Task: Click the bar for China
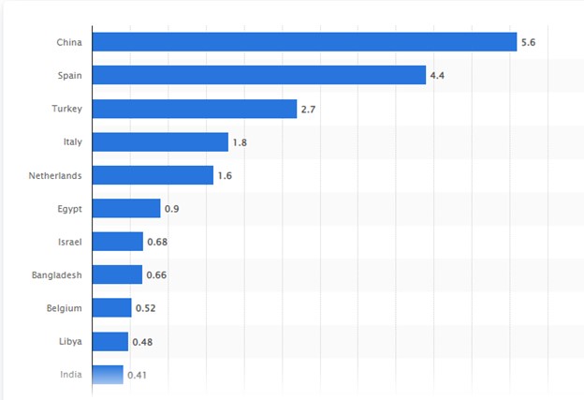(304, 42)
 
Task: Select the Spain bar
(259, 75)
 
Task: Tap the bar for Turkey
(195, 109)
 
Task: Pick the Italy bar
(160, 141)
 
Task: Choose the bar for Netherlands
(153, 175)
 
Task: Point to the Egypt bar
(126, 208)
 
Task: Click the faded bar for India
(108, 375)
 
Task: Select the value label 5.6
(528, 42)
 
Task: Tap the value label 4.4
(437, 75)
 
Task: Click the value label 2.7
(309, 109)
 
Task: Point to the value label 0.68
(157, 242)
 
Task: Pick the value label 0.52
(145, 308)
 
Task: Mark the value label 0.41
(137, 375)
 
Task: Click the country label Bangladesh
(56, 274)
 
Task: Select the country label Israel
(69, 242)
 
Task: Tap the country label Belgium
(65, 308)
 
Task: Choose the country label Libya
(69, 341)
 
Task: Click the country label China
(69, 42)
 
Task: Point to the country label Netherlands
(55, 175)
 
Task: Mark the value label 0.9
(171, 208)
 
